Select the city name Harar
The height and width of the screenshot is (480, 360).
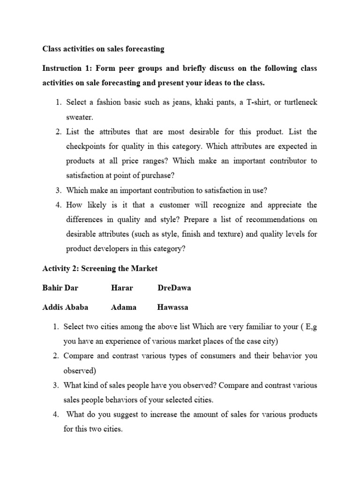[x=121, y=288]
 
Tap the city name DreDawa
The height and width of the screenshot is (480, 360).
[x=174, y=288]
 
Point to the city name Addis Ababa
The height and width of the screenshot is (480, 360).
[x=65, y=307]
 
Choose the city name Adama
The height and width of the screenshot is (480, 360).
[x=124, y=307]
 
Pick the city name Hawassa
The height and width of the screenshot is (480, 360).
[x=172, y=307]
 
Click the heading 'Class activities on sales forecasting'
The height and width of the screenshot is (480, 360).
[x=103, y=48]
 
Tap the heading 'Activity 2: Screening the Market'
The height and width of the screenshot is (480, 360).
[x=100, y=268]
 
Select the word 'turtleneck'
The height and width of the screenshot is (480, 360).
[x=299, y=102]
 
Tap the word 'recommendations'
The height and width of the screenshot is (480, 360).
[x=276, y=219]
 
